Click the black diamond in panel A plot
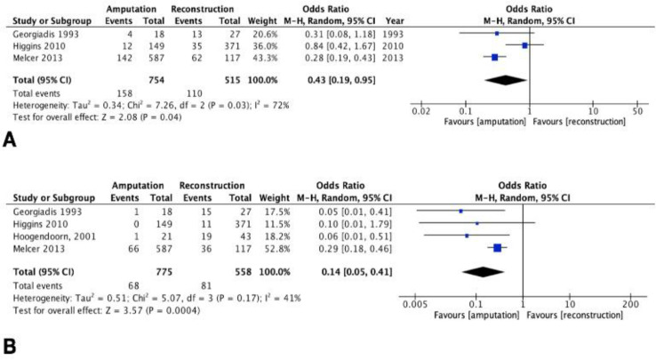click(501, 80)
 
